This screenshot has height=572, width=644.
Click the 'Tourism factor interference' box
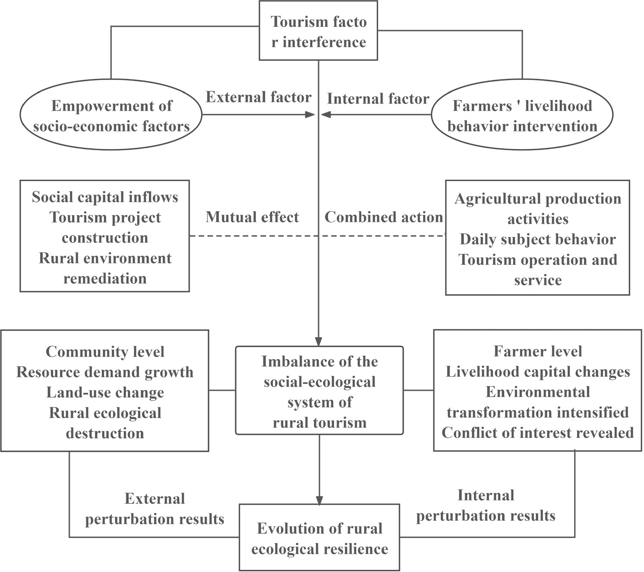coord(319,31)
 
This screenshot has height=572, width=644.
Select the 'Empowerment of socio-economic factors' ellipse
coord(111,116)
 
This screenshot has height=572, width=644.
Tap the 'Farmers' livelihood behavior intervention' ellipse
coord(522,116)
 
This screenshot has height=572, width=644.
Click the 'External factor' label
coord(259,97)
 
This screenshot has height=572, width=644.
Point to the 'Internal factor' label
coord(378,99)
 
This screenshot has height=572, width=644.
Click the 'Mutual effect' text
coord(252,217)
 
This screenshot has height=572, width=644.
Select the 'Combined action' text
coord(384,217)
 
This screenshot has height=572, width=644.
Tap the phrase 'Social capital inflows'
coord(105,197)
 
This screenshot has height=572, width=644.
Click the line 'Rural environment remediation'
coord(105,268)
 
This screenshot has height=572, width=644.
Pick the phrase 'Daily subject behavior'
coord(537,239)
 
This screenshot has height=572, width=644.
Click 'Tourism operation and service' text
coord(537,270)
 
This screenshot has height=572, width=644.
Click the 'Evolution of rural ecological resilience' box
coord(319,538)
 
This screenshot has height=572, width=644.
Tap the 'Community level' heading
coord(105,352)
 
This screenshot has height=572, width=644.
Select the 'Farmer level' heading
coord(537,351)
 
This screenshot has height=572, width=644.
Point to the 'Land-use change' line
coord(105,393)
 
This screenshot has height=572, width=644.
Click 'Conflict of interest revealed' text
coord(537,433)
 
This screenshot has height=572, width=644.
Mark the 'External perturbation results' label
coord(155,509)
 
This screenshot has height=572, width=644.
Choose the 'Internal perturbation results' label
coord(486,506)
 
